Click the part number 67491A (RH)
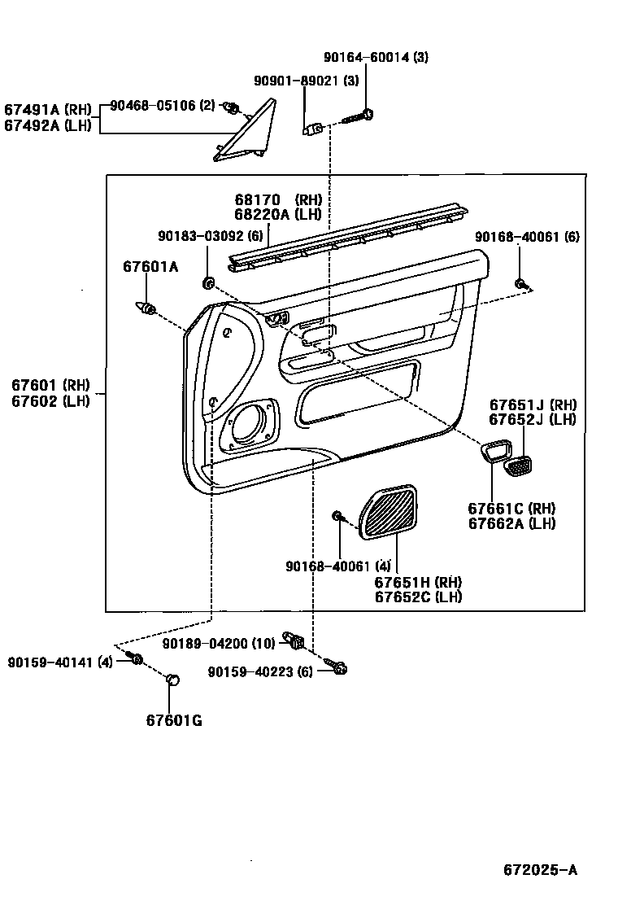pos(48,110)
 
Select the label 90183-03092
pos(198,236)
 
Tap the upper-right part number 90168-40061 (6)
pos(527,236)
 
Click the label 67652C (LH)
pos(418,597)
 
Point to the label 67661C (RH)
pos(511,509)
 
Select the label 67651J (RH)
pos(532,404)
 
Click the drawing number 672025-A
pos(540,870)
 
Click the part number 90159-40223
pos(259,671)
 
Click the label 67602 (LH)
pos(50,399)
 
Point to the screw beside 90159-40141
pos(136,659)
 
